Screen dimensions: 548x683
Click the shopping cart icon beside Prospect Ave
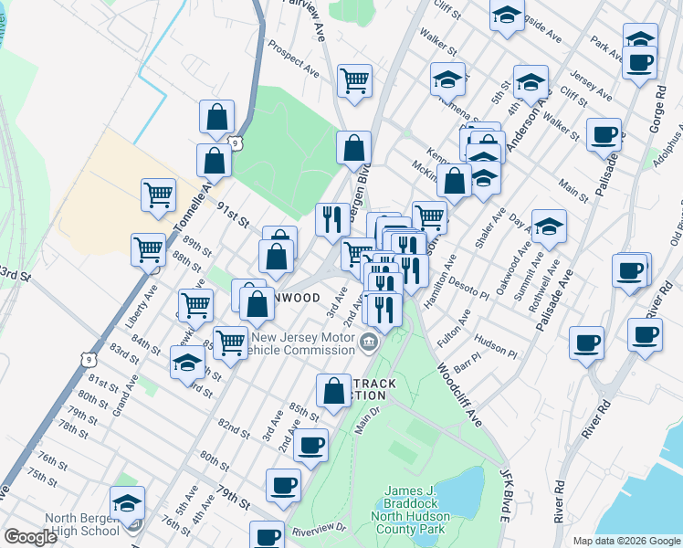pos(354,80)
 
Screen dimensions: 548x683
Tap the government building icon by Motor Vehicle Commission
pos(368,344)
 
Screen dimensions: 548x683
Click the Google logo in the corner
pos(30,537)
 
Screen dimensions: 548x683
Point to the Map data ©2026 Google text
pos(625,540)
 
